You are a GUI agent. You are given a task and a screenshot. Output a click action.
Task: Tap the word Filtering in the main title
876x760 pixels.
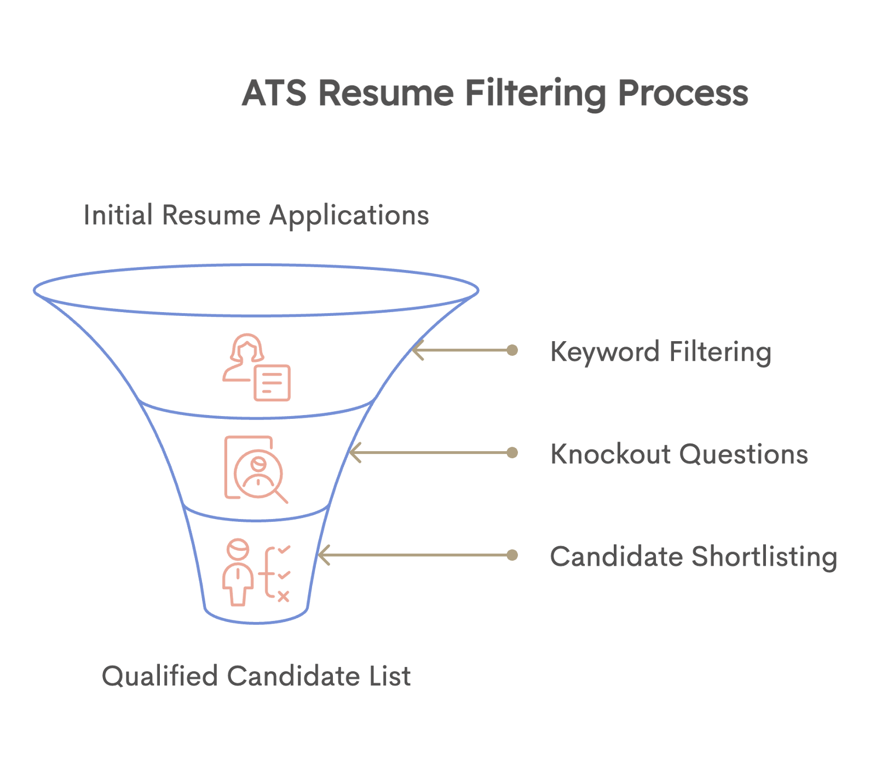[x=535, y=94]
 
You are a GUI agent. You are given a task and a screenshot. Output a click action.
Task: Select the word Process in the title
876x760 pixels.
[x=683, y=93]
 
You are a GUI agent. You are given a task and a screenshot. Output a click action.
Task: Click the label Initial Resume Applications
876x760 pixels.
[x=256, y=215]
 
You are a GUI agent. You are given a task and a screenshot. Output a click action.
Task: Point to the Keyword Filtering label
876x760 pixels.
[x=661, y=352]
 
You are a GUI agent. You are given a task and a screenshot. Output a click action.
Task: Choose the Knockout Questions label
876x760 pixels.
[x=679, y=454]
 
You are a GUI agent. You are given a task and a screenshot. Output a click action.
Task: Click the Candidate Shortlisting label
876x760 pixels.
[x=693, y=556]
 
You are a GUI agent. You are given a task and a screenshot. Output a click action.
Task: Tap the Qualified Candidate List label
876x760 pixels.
[x=256, y=676]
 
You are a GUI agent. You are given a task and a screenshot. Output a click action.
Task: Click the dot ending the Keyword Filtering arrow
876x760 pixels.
[x=512, y=350]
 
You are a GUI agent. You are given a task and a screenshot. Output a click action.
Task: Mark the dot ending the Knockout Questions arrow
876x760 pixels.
[x=512, y=453]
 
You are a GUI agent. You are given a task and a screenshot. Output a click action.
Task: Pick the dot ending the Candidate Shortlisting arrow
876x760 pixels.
[x=512, y=555]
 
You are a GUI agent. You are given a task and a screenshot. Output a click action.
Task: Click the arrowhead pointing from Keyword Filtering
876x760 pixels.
[x=417, y=350]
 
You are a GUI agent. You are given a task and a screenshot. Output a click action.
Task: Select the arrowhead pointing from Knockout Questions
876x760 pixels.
[x=355, y=453]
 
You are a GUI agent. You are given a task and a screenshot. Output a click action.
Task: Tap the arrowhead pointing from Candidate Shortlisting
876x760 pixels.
[x=323, y=555]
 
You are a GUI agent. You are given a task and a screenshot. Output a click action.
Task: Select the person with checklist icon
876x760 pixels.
[x=256, y=572]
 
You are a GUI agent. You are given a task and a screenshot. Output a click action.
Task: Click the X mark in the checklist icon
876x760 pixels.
[x=283, y=596]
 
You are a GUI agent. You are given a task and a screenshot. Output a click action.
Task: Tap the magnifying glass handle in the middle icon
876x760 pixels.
[x=281, y=497]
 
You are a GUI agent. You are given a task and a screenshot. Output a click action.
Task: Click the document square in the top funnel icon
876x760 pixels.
[x=272, y=382]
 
